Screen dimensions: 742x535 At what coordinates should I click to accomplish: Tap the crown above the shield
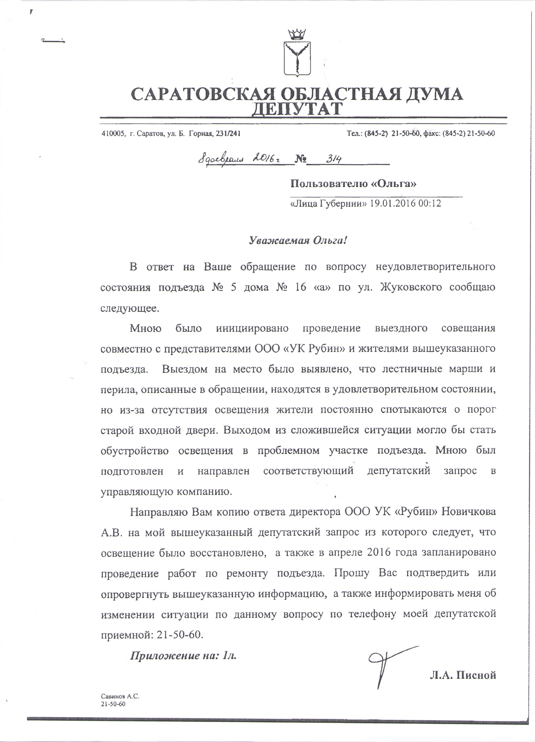(296, 34)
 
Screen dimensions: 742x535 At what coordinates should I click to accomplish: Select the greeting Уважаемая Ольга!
(297, 241)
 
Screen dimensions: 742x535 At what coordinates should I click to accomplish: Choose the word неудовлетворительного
(435, 267)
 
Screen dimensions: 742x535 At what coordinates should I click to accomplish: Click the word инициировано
(252, 328)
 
